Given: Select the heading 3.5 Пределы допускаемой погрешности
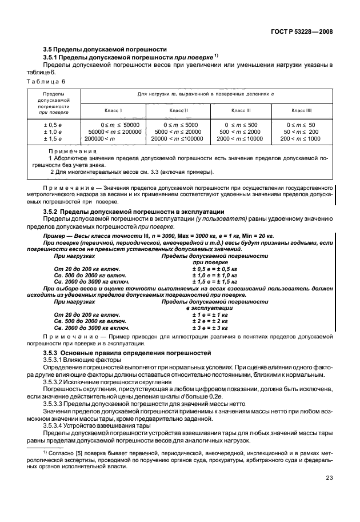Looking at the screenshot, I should pos(105,49).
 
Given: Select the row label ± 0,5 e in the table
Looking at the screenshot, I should pos(53,124).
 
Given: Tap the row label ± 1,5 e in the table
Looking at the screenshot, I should pos(53,138).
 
